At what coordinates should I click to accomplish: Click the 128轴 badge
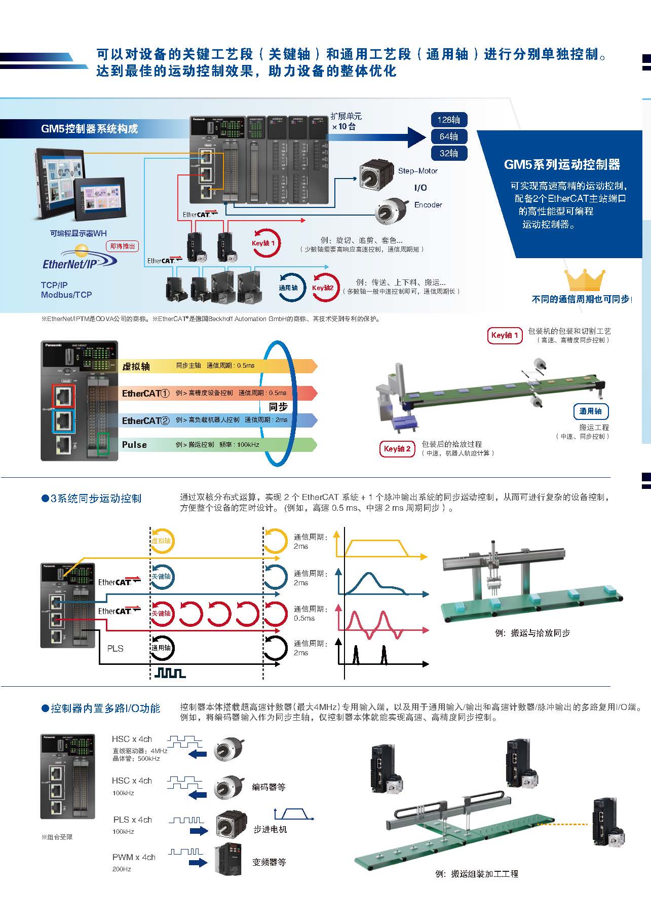[x=448, y=120]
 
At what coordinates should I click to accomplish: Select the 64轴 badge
[x=448, y=136]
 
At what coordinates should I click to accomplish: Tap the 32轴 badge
[x=448, y=153]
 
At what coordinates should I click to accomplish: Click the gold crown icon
[x=585, y=281]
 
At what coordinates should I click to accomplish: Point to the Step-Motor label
[x=417, y=171]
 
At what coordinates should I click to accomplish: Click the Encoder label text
[x=428, y=205]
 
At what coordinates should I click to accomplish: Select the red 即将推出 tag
[x=123, y=246]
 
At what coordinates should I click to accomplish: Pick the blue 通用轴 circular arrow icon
[x=289, y=288]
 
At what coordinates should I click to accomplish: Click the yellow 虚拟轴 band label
[x=136, y=366]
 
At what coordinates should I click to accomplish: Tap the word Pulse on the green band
[x=134, y=445]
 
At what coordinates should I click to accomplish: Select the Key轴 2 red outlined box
[x=397, y=449]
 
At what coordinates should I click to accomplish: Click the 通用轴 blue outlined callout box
[x=590, y=411]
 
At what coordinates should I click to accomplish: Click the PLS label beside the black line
[x=115, y=648]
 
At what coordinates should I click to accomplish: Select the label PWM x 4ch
[x=134, y=857]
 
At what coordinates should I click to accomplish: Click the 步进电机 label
[x=270, y=829]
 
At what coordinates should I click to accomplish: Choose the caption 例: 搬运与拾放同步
[x=532, y=633]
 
